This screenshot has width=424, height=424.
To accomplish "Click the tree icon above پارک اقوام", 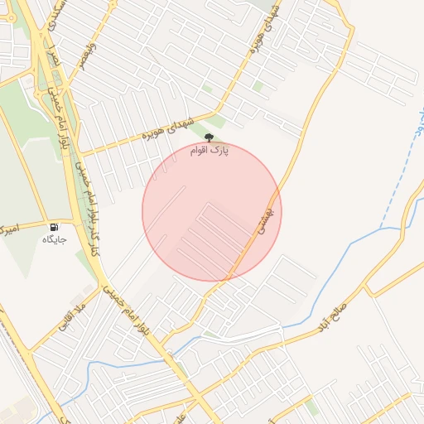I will coord(209,140).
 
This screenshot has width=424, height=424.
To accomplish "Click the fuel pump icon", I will coord(54,227).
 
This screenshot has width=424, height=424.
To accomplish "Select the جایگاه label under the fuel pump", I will coord(55,240).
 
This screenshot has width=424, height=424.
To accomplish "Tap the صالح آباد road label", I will coord(340,314).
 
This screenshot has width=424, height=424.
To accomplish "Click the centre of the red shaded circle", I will coord(212,211).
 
